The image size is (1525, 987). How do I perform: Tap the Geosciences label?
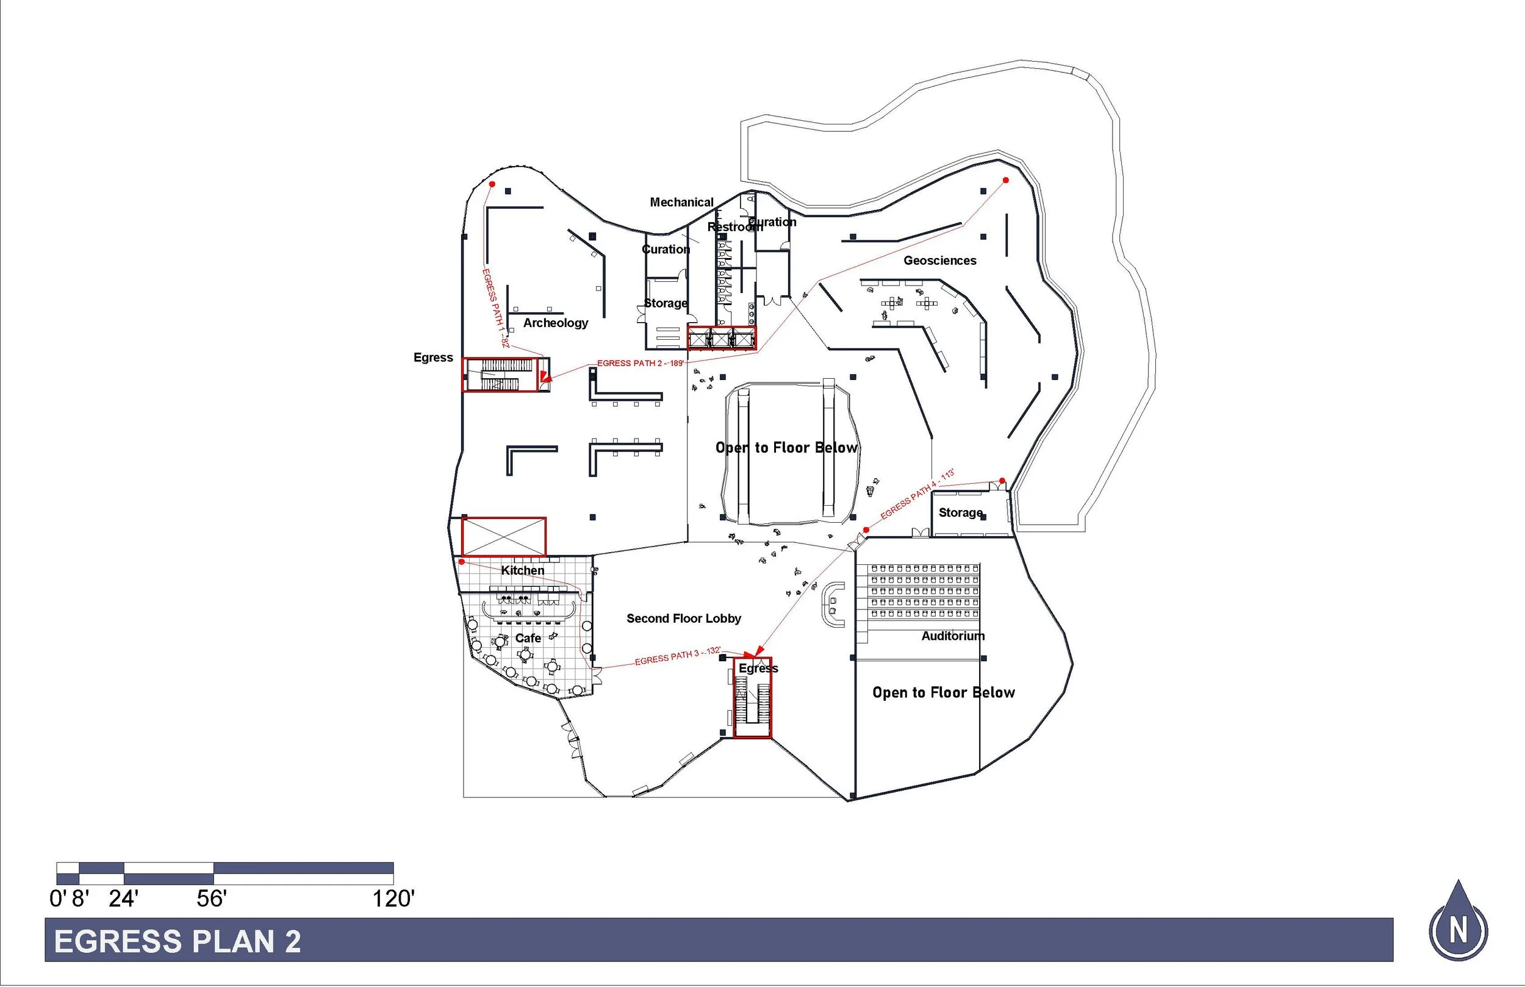(939, 261)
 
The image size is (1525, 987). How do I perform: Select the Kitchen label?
(522, 570)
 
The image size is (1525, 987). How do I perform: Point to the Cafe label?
(528, 638)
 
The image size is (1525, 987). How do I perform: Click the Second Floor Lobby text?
(684, 619)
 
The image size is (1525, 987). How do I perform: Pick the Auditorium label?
(953, 636)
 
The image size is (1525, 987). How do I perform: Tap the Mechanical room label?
(681, 203)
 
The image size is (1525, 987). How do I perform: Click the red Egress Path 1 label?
(495, 307)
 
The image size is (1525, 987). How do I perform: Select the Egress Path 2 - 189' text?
(640, 364)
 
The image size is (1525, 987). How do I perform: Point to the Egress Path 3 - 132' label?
(678, 656)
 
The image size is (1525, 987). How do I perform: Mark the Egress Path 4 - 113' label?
(917, 494)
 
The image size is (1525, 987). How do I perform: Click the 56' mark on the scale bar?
(212, 899)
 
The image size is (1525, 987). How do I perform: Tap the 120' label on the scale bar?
(393, 899)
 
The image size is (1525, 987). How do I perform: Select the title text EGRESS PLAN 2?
(178, 941)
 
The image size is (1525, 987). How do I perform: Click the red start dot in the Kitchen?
(461, 562)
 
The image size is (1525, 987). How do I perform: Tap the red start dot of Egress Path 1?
(492, 185)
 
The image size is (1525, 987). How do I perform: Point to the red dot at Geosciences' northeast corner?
(1005, 181)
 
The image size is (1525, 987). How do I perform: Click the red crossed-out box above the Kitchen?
(504, 536)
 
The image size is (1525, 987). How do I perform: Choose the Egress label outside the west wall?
(433, 357)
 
